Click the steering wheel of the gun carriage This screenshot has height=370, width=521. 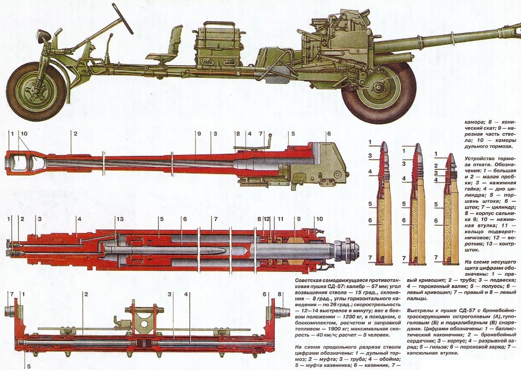[x=123, y=18]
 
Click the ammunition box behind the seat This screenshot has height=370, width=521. [x=218, y=46]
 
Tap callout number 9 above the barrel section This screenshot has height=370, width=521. [x=199, y=134]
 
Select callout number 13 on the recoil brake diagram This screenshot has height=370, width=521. [x=120, y=218]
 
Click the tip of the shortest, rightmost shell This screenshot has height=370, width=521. [x=451, y=157]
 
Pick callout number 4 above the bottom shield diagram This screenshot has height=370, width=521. [x=186, y=294]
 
